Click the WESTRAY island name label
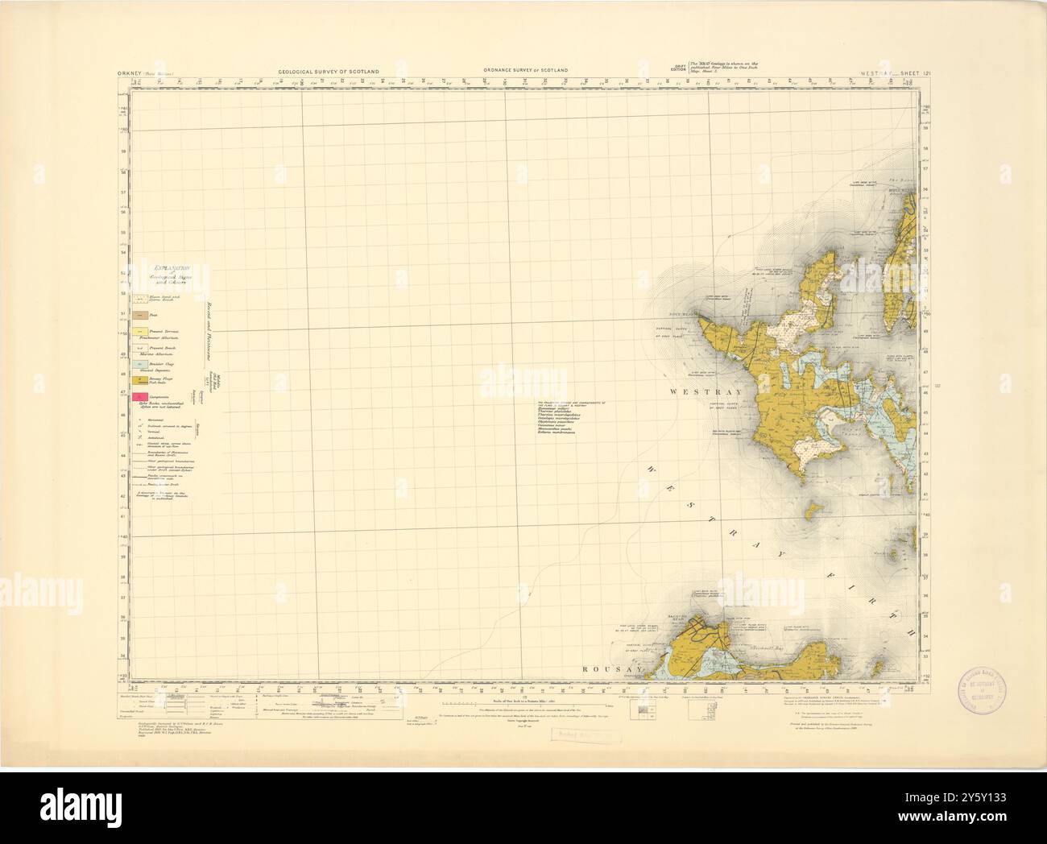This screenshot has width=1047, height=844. (697, 391)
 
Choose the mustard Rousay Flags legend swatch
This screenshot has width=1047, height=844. (142, 379)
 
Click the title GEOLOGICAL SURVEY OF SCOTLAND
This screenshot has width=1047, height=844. (333, 72)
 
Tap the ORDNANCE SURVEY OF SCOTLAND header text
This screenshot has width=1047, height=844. (525, 71)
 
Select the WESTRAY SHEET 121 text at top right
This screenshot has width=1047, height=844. (888, 72)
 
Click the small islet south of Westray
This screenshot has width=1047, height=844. (813, 509)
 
